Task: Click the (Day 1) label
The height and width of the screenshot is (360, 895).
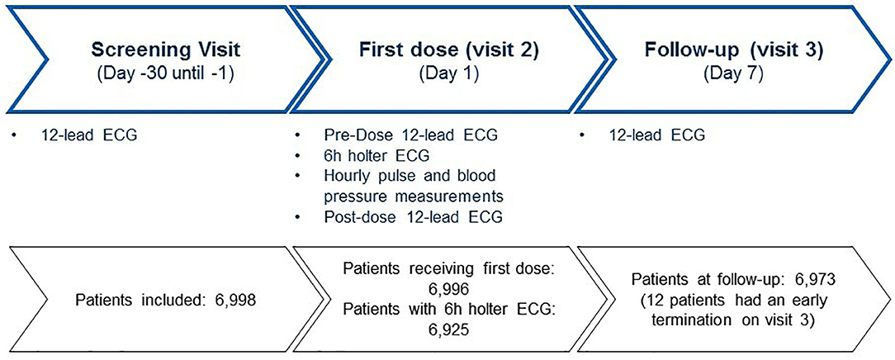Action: coord(449,73)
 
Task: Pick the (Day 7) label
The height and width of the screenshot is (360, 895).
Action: coord(733,73)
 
